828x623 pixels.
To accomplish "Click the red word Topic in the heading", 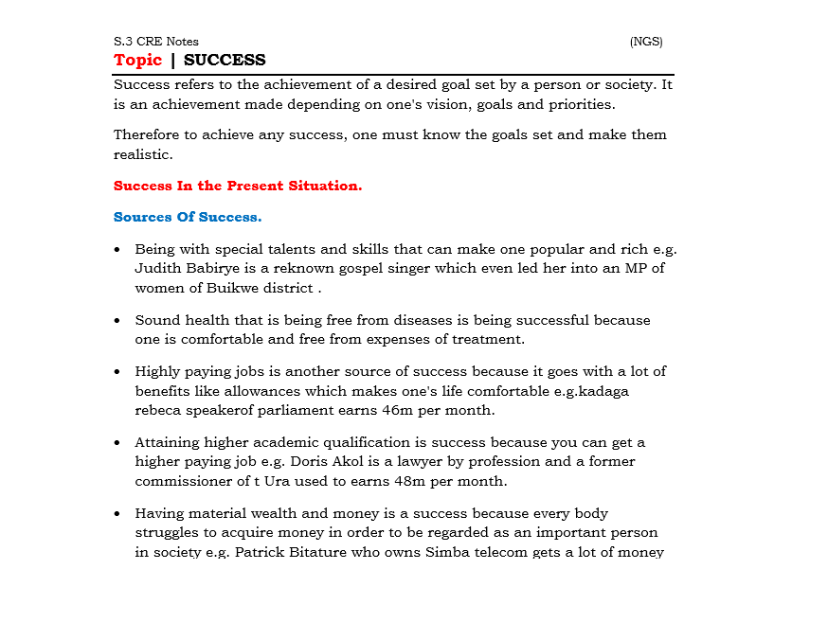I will click(137, 61).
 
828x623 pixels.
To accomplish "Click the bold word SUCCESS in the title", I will click(225, 61).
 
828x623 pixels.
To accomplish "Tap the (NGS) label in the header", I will click(646, 42).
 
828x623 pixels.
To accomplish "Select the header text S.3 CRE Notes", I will click(156, 42).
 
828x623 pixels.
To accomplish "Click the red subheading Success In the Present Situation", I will click(238, 186).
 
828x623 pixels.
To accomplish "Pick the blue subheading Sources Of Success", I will click(188, 217).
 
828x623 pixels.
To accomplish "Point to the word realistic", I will click(143, 154).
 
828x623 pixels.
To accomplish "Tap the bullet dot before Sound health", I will click(117, 321).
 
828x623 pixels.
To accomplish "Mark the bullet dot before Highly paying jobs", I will click(117, 372).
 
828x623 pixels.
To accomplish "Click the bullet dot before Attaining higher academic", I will click(117, 442).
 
